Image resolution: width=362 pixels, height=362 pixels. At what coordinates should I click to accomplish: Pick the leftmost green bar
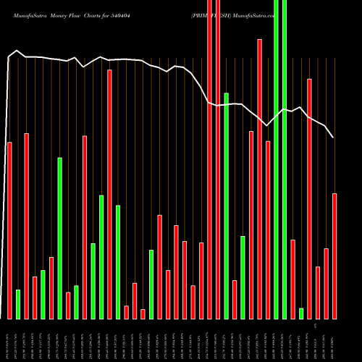pos(18,304)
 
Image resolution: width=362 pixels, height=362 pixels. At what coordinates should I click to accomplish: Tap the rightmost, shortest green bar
pos(301,313)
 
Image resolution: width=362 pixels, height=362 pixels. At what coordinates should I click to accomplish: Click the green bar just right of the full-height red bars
pos(227,206)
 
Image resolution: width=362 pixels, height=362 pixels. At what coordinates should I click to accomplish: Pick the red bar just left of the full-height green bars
pos(268,230)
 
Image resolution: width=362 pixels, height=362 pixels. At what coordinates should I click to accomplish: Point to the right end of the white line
pos(333,137)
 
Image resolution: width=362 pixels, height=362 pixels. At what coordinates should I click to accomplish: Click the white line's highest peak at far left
pos(17,51)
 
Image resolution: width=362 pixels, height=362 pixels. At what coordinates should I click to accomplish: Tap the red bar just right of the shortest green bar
pos(309,198)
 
